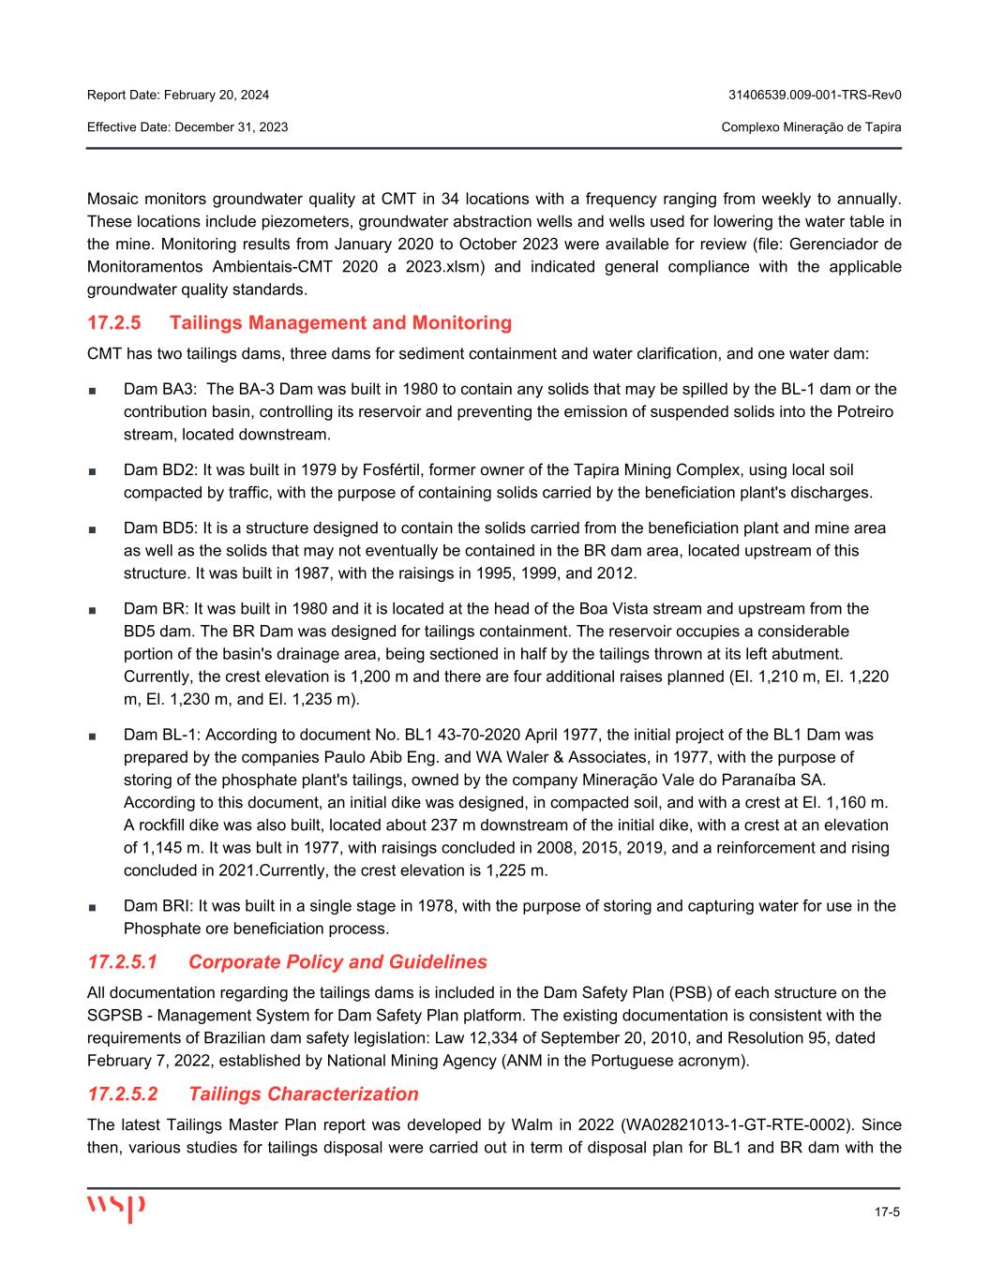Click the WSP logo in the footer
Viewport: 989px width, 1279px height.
tap(116, 1207)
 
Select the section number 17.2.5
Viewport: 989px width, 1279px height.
tap(113, 323)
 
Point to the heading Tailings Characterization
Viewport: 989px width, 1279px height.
tap(303, 1094)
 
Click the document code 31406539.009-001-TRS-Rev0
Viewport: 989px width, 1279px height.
tap(815, 96)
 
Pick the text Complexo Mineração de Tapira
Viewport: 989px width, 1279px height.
tap(812, 126)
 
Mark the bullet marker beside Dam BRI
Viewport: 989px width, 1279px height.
tap(92, 907)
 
